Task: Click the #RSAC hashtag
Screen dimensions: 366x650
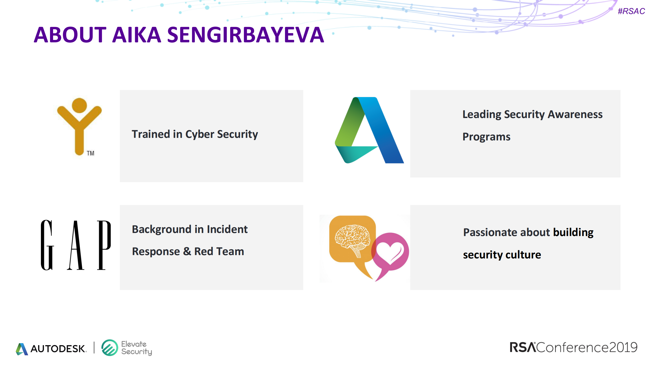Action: click(x=631, y=11)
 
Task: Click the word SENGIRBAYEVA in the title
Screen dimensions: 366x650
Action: click(x=245, y=35)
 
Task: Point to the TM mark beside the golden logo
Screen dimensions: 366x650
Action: click(x=90, y=153)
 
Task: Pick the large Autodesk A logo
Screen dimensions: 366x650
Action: click(x=369, y=130)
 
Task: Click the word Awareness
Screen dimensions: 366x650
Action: click(x=575, y=114)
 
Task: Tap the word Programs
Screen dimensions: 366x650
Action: click(x=486, y=137)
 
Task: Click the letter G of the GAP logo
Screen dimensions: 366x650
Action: click(x=47, y=245)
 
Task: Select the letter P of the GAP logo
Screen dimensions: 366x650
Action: click(x=104, y=245)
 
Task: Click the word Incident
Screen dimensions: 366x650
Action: click(x=227, y=229)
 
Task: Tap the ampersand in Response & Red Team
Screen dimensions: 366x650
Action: click(x=187, y=251)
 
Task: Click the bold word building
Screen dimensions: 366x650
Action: click(x=573, y=232)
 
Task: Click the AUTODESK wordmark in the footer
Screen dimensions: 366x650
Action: click(x=58, y=348)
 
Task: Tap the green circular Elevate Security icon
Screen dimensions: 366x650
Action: click(x=110, y=348)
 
